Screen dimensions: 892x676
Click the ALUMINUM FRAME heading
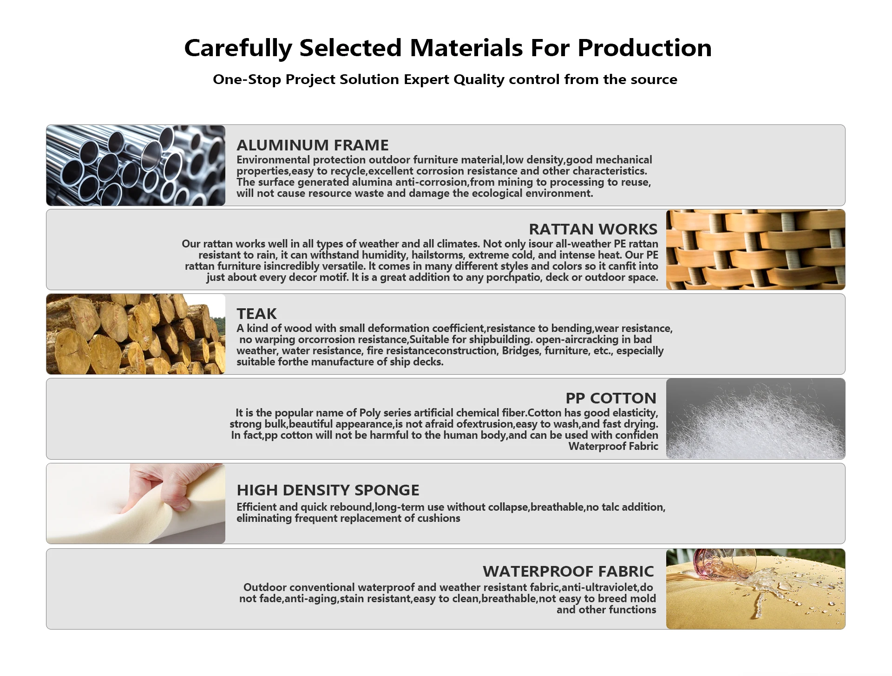(312, 145)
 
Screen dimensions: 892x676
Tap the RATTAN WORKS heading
(593, 229)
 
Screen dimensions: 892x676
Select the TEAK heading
(256, 314)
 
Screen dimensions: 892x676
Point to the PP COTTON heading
(611, 398)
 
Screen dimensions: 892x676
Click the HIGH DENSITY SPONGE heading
(328, 490)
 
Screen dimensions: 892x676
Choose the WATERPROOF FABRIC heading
(568, 571)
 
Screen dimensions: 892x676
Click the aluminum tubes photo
(136, 165)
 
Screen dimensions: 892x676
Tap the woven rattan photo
(755, 250)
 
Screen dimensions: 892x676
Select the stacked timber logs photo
(136, 334)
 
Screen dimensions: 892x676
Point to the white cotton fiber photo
(755, 419)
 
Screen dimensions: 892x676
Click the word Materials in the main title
(466, 48)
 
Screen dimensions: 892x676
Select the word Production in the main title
(644, 48)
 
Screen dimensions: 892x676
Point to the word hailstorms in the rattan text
(437, 255)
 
